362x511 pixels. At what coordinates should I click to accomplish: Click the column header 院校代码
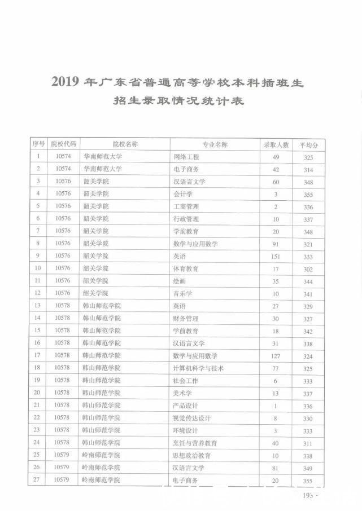[x=62, y=144]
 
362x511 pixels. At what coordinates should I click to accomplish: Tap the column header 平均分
[x=308, y=145]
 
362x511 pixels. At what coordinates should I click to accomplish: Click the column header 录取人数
[x=276, y=145]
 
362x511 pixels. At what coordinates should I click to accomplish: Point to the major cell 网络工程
[x=186, y=157]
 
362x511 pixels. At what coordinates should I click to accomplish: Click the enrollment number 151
[x=276, y=256]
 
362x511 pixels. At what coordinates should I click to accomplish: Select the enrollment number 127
[x=276, y=356]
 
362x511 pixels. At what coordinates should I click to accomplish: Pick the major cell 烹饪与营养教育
[x=195, y=443]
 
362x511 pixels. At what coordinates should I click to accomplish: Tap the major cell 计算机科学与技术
[x=199, y=368]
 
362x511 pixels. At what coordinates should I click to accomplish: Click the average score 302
[x=308, y=269]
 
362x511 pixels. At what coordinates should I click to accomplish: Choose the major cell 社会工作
[x=186, y=381]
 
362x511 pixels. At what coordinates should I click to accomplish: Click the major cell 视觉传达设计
[x=192, y=418]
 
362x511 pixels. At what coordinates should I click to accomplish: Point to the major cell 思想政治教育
[x=192, y=456]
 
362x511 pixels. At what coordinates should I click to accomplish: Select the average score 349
[x=308, y=468]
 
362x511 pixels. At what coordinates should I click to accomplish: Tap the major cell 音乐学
[x=183, y=293]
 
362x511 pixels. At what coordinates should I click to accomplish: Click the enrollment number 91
[x=276, y=244]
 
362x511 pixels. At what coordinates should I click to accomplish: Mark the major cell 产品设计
[x=186, y=406]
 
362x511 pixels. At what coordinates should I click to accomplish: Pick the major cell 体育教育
[x=186, y=268]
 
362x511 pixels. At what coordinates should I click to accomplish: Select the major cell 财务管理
[x=186, y=319]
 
